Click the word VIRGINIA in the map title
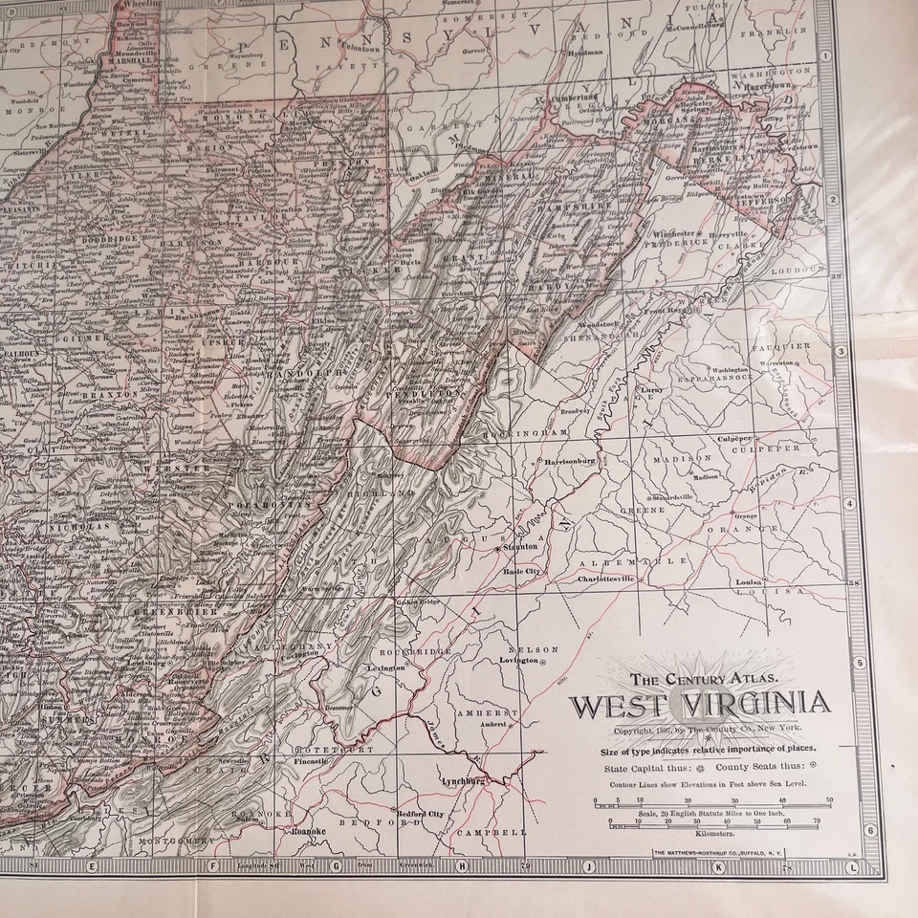tap(755, 706)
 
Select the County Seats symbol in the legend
tap(813, 765)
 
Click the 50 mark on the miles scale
tap(828, 801)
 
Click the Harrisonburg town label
tap(569, 460)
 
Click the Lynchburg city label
tap(466, 780)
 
